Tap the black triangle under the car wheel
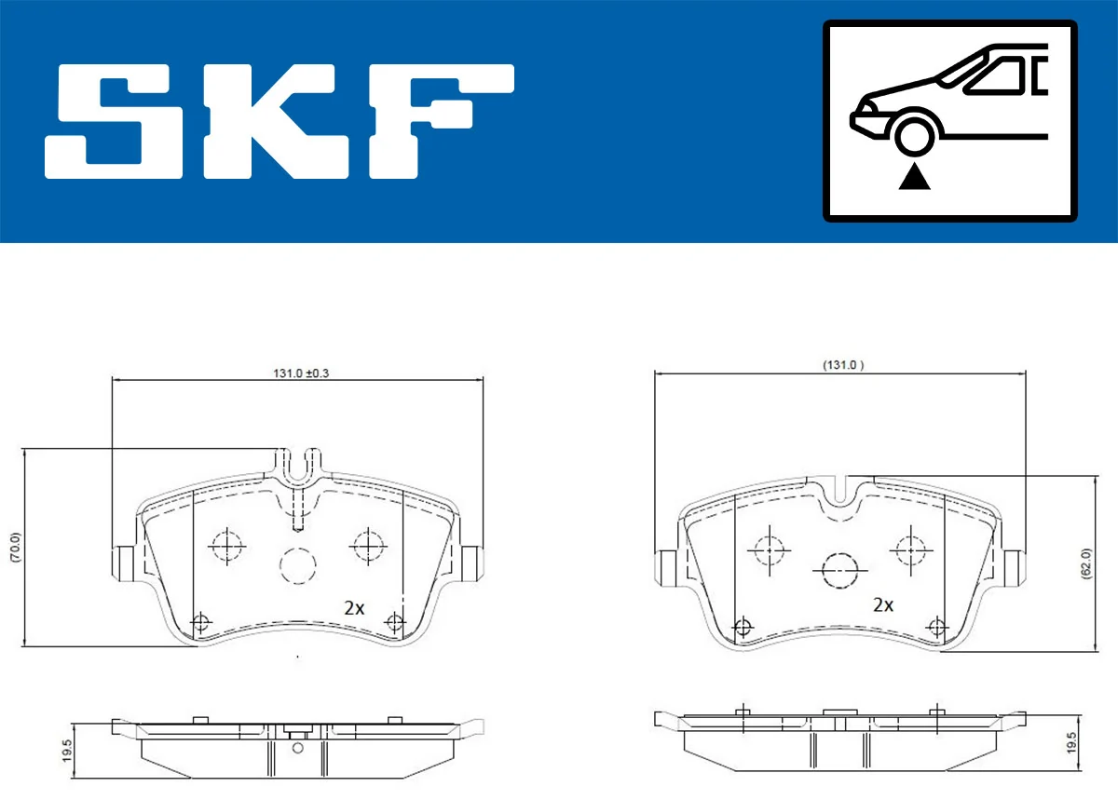(x=914, y=177)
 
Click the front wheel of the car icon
(x=914, y=133)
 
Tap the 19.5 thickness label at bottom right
(x=1070, y=742)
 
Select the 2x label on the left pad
(x=353, y=608)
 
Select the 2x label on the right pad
(x=882, y=604)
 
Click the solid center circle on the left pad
(x=298, y=565)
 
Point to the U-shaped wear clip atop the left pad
(x=299, y=466)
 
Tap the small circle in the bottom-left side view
(x=297, y=747)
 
